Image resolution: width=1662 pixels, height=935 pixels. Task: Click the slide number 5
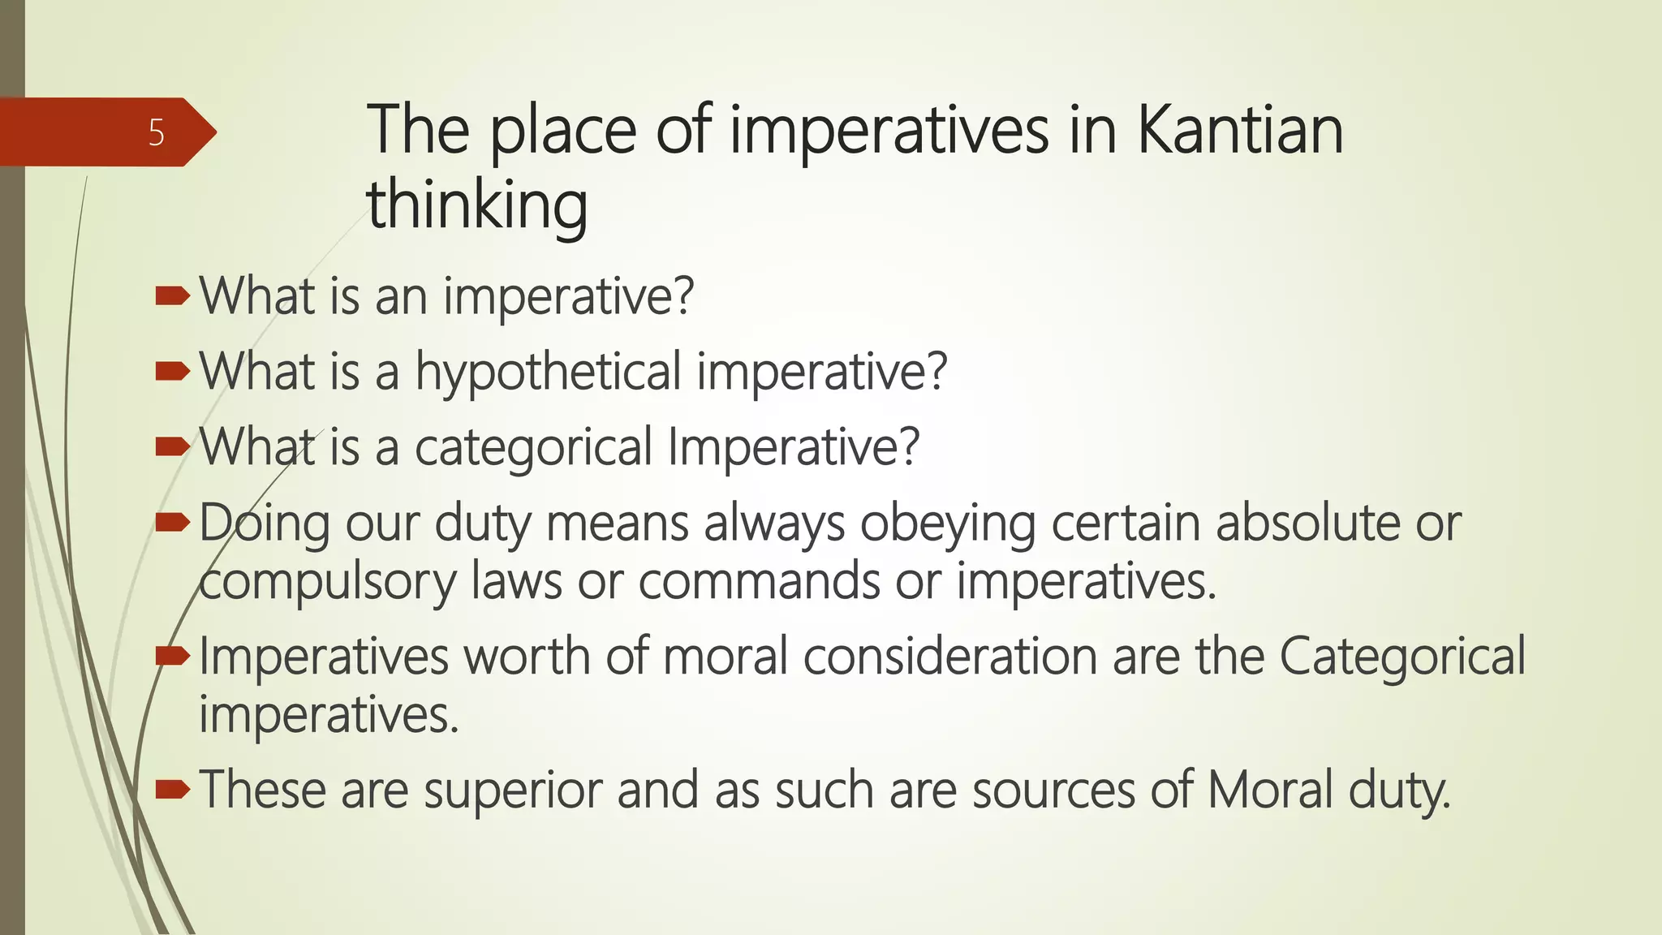[x=157, y=132]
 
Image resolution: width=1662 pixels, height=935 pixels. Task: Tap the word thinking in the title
[x=476, y=205]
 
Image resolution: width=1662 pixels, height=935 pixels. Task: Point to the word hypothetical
[x=548, y=372]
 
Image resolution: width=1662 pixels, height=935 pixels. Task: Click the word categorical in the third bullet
[x=533, y=446]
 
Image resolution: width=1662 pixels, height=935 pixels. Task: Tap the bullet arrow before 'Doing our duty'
[x=172, y=523]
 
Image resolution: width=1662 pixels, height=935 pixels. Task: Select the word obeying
[x=947, y=523]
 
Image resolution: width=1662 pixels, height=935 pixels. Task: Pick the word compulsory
[x=327, y=582]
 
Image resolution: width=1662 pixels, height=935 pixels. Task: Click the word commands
[x=759, y=582]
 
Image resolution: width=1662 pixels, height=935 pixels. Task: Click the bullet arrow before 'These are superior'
[x=172, y=789]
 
